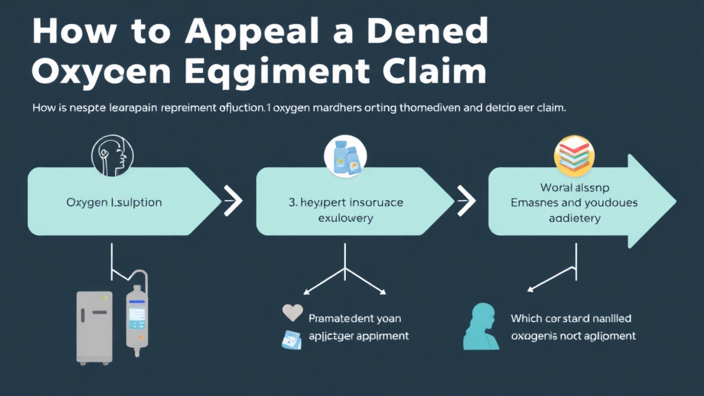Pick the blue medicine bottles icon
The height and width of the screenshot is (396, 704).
344,157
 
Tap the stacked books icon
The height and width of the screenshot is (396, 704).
575,155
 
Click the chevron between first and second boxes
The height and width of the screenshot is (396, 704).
232,202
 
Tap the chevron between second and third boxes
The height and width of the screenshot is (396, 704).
466,202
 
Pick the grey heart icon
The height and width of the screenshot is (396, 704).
293,313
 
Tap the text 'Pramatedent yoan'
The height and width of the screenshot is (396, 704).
355,318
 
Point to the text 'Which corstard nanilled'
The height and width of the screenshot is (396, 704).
571,318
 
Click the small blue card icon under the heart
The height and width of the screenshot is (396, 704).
291,338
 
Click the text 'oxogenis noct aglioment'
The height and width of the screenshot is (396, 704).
573,336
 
